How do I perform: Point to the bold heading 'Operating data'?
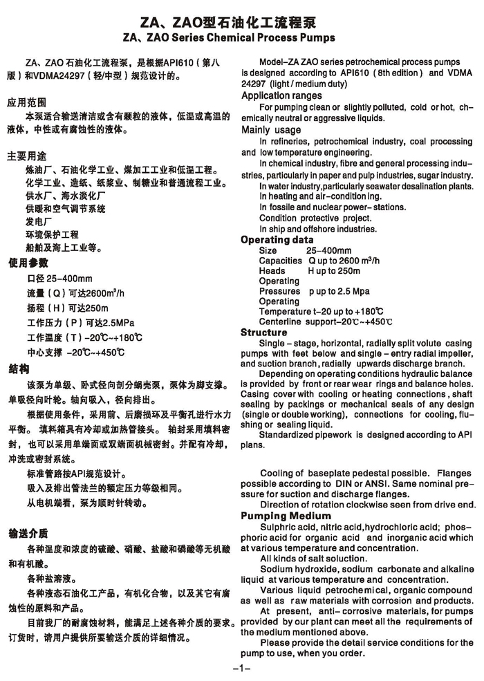pyautogui.click(x=277, y=240)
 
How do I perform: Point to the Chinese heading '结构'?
pyautogui.click(x=18, y=369)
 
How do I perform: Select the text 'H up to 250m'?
pyautogui.click(x=334, y=271)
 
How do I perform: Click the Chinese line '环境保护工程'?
pyautogui.click(x=52, y=235)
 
